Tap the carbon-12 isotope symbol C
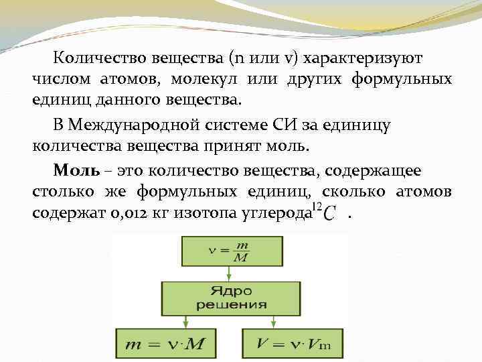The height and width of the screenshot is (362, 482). point(329,215)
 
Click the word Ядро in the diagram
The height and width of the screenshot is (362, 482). point(230,292)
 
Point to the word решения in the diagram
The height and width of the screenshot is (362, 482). point(230,304)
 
